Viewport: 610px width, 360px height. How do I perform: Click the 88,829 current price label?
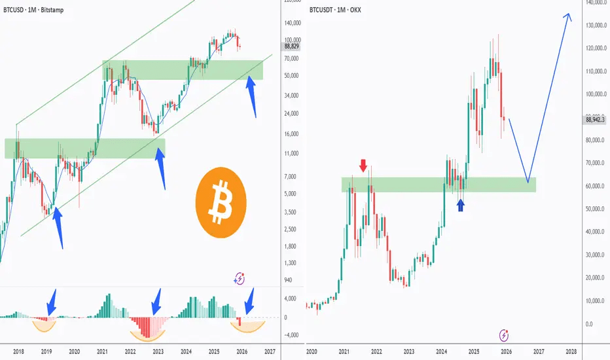[292, 46]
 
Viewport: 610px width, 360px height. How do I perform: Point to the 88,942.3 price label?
[596, 119]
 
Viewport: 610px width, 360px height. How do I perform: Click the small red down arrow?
[363, 165]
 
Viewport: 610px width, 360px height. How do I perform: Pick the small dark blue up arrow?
[461, 206]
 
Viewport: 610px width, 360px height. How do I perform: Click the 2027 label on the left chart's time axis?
[269, 351]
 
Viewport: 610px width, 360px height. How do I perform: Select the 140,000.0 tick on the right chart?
[594, 3]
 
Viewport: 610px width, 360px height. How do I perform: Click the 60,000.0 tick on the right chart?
[594, 187]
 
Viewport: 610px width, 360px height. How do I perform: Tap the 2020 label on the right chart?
[311, 351]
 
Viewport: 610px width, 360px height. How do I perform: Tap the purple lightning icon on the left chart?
[240, 278]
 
